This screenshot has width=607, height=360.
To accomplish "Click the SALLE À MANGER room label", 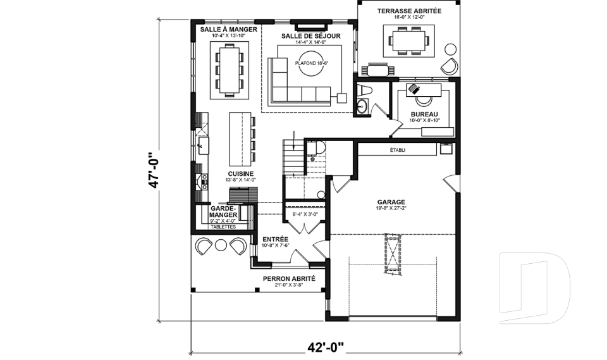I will [x=228, y=30].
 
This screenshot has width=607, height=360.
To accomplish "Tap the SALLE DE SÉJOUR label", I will [x=310, y=36].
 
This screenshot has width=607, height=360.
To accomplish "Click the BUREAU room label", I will [x=424, y=115].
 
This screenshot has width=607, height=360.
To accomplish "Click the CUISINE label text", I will [x=241, y=174].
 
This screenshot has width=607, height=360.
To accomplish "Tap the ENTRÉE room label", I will [x=275, y=239].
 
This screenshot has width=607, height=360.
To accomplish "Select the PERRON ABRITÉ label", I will [x=289, y=278].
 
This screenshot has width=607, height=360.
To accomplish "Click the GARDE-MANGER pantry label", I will [x=223, y=211].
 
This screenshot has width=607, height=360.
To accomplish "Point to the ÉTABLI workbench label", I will [x=398, y=150].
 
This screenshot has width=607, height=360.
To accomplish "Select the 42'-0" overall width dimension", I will [x=325, y=347].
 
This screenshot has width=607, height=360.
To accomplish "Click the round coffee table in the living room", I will [x=310, y=68].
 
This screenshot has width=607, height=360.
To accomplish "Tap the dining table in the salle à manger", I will [x=228, y=70].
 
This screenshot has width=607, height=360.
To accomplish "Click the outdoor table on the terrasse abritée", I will [x=408, y=41].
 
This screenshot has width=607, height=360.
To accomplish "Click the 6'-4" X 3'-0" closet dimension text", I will [x=306, y=214].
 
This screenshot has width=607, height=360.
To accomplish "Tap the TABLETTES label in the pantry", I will [x=223, y=227].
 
